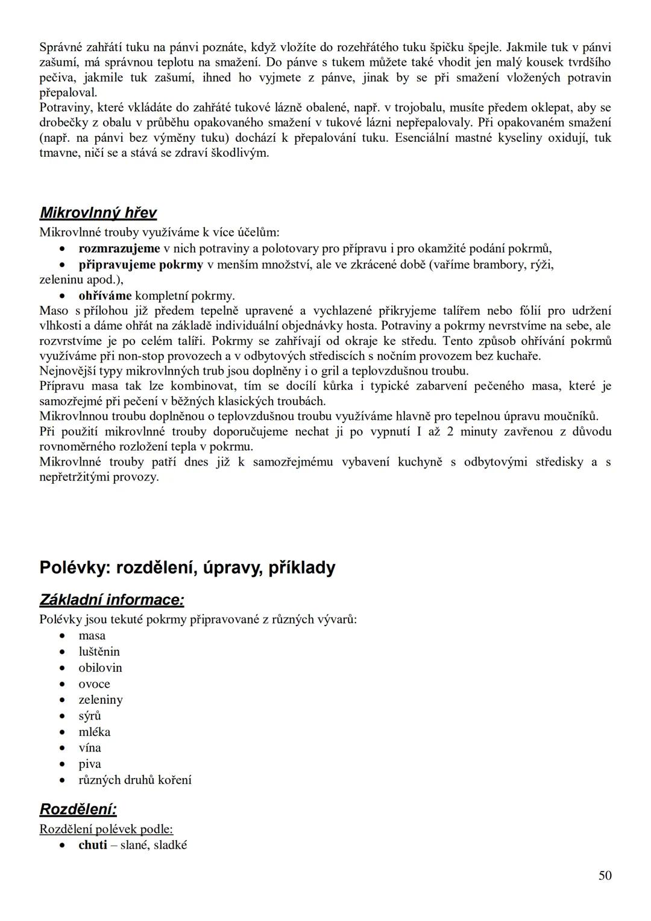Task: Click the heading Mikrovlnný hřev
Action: (98, 213)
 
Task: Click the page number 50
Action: (605, 875)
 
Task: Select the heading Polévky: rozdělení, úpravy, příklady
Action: (187, 568)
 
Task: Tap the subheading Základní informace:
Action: (112, 600)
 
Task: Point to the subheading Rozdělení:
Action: (78, 809)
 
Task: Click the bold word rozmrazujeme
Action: (119, 248)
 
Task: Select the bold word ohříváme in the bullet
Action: (105, 296)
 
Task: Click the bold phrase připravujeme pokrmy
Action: (141, 265)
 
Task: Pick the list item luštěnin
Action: (99, 652)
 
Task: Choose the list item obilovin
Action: (100, 668)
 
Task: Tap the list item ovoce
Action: (94, 684)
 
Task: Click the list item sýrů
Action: (90, 716)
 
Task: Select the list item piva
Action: (90, 764)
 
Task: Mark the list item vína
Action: (90, 748)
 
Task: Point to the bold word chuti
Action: (93, 845)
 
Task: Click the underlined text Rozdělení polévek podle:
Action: (106, 829)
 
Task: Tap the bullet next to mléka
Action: (63, 732)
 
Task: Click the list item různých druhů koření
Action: (135, 780)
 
